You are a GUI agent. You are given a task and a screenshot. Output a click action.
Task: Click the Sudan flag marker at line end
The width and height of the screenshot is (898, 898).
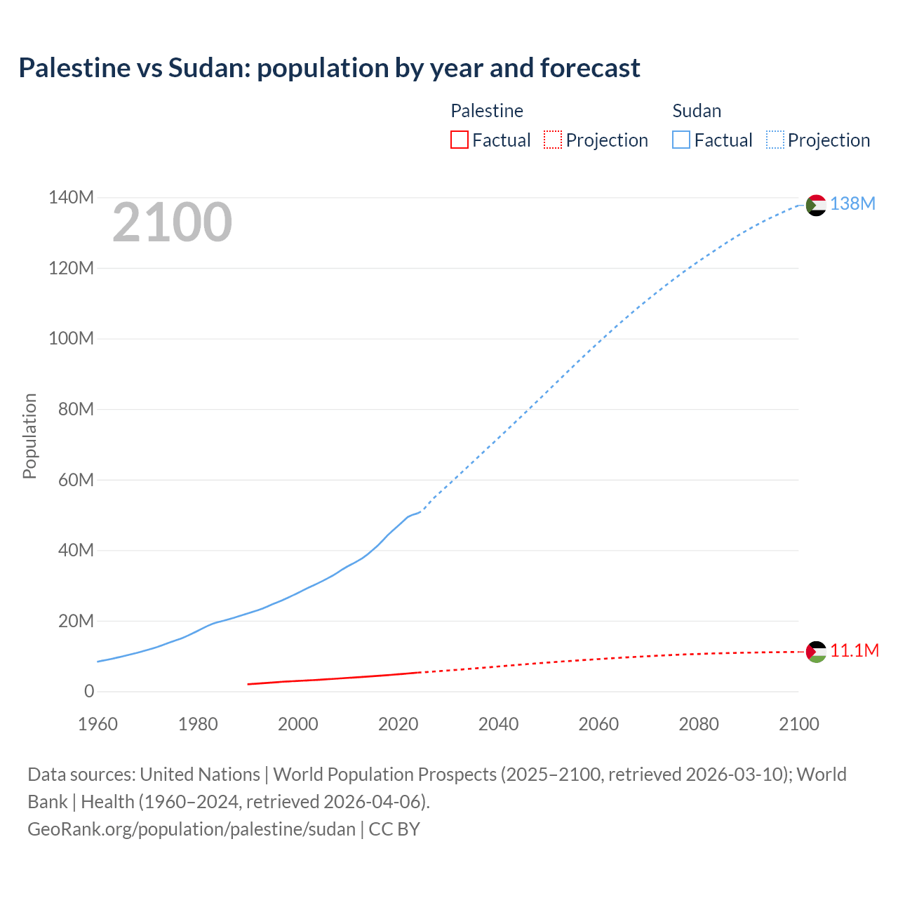tap(816, 205)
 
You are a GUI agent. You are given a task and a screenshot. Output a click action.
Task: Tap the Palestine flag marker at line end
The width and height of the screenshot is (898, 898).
tap(816, 652)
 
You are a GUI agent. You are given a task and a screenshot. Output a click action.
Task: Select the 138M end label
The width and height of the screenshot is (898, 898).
tap(852, 203)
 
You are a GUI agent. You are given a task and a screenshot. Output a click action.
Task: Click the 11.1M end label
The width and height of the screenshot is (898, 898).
tap(855, 650)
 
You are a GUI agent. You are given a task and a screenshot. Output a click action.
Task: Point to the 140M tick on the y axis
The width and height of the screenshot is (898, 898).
tap(71, 198)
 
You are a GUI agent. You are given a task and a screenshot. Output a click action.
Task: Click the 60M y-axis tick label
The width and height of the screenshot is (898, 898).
tap(76, 480)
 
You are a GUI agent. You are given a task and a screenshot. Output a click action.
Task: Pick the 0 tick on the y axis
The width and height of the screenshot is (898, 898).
tap(89, 691)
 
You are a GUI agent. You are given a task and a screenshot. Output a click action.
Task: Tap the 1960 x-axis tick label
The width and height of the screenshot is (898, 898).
tap(98, 724)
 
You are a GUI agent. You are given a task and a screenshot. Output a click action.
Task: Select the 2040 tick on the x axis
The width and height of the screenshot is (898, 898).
tap(498, 724)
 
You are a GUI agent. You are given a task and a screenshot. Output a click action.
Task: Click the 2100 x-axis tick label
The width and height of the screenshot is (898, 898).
tap(798, 724)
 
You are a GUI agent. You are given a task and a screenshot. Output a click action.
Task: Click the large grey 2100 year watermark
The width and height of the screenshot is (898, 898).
tap(172, 222)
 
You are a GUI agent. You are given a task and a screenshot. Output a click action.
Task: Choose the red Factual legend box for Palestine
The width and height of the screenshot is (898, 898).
tap(459, 140)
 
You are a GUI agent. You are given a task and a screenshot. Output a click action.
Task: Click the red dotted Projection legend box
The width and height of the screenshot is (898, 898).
tap(553, 140)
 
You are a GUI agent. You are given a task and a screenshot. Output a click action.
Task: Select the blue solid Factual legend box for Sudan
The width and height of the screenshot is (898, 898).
tap(681, 140)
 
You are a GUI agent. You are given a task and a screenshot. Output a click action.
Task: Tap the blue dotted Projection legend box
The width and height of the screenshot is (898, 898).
tap(775, 140)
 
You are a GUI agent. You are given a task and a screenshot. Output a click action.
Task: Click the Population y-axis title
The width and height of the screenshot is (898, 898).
tap(29, 436)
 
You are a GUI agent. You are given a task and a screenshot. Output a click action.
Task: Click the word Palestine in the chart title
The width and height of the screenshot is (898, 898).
tap(74, 67)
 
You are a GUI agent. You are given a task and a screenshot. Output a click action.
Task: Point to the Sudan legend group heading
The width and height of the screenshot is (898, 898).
tap(697, 111)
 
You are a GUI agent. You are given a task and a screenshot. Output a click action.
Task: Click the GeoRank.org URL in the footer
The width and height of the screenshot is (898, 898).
tap(192, 829)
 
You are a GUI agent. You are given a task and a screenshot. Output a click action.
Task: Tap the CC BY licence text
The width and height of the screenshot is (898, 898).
tap(394, 829)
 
